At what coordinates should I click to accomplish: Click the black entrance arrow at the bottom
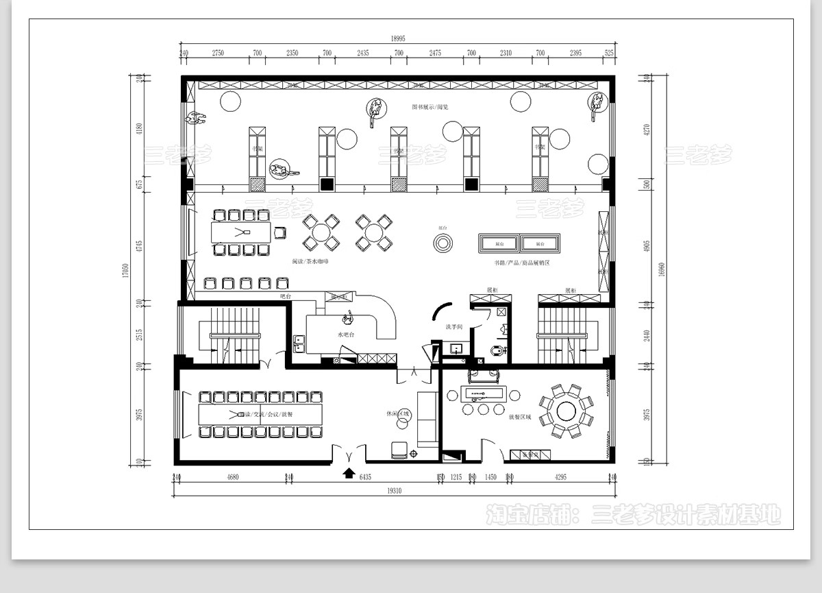click(x=349, y=472)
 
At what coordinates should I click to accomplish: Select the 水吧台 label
click(x=345, y=335)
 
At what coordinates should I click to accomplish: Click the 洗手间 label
click(x=454, y=327)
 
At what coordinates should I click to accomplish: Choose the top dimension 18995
click(x=399, y=39)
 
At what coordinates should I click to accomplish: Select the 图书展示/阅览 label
click(x=429, y=107)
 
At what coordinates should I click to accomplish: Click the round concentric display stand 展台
click(x=443, y=243)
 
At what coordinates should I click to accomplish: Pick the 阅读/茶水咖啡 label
click(x=310, y=262)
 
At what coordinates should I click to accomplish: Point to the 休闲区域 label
click(x=397, y=413)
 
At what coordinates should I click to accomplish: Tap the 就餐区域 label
click(x=520, y=416)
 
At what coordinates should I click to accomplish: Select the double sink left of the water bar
click(x=299, y=342)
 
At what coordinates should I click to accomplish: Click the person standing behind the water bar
click(x=349, y=317)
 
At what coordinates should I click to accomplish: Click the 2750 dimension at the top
click(x=219, y=53)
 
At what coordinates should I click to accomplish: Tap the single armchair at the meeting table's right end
click(x=279, y=232)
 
